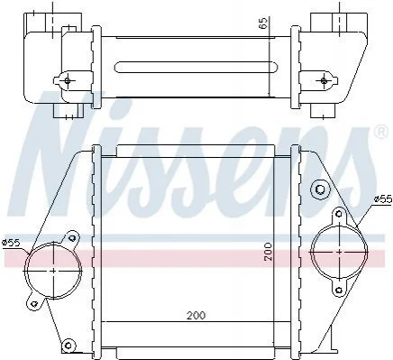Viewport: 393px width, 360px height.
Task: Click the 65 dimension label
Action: pyautogui.click(x=262, y=23)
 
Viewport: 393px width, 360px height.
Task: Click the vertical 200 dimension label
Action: pyautogui.click(x=268, y=252)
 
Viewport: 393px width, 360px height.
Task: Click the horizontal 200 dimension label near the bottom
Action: pyautogui.click(x=196, y=316)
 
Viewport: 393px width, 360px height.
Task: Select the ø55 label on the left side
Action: pyautogui.click(x=11, y=243)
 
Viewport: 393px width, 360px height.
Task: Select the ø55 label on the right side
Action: pyautogui.click(x=383, y=199)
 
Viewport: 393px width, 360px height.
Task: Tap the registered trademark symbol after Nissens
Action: pyautogui.click(x=381, y=133)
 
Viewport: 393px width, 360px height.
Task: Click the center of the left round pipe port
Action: pyautogui.click(x=53, y=271)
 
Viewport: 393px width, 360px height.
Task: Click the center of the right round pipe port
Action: pyautogui.click(x=339, y=252)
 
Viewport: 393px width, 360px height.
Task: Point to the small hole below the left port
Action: pyautogui.click(x=34, y=303)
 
